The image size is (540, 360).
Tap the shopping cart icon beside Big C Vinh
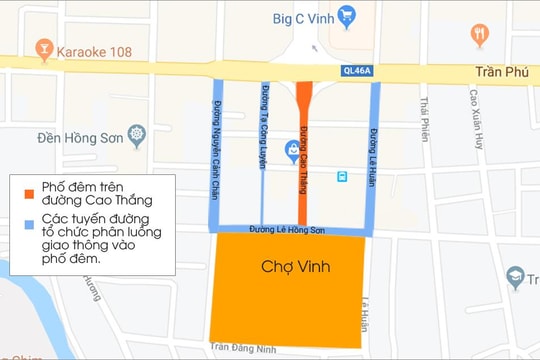347,15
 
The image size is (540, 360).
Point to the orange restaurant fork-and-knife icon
480,34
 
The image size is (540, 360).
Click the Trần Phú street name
498,73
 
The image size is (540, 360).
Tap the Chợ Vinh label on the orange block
295,267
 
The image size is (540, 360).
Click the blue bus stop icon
342,176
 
